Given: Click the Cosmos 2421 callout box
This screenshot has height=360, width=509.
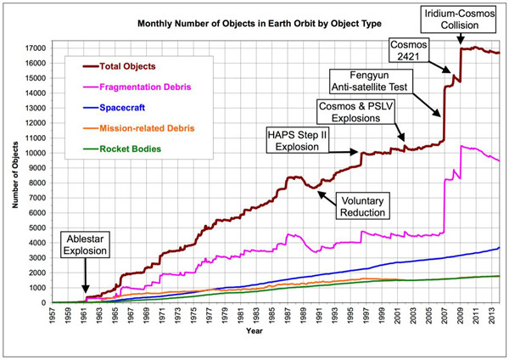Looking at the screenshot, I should (x=406, y=50).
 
